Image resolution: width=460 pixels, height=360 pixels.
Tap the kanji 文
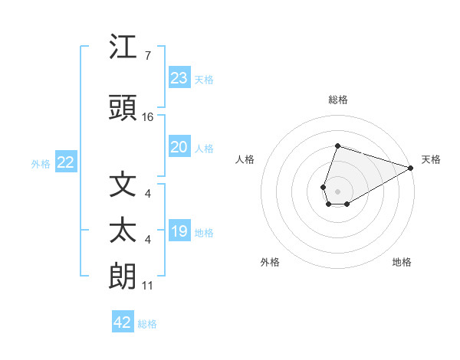click(x=123, y=184)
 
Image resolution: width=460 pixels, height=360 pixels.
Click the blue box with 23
click(x=179, y=78)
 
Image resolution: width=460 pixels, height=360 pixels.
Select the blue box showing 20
click(x=179, y=147)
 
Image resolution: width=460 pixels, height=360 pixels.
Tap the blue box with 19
click(x=179, y=231)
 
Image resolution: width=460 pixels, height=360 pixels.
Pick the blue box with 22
click(x=66, y=162)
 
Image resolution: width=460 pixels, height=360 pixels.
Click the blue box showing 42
click(x=123, y=322)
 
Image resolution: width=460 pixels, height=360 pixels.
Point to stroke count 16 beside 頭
click(x=148, y=117)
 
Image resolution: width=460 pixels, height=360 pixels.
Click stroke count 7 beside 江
click(x=147, y=56)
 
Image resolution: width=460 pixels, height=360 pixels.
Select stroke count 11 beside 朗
click(x=147, y=286)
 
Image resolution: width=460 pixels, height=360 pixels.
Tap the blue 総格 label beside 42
click(x=148, y=324)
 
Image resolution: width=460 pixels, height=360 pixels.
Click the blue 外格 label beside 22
click(x=41, y=164)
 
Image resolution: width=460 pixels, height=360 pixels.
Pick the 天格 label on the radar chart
click(x=431, y=159)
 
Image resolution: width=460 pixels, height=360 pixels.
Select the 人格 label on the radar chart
click(x=245, y=159)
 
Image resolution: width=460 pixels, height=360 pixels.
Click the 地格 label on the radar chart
click(x=402, y=262)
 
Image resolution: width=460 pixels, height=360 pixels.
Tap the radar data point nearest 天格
click(x=411, y=167)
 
